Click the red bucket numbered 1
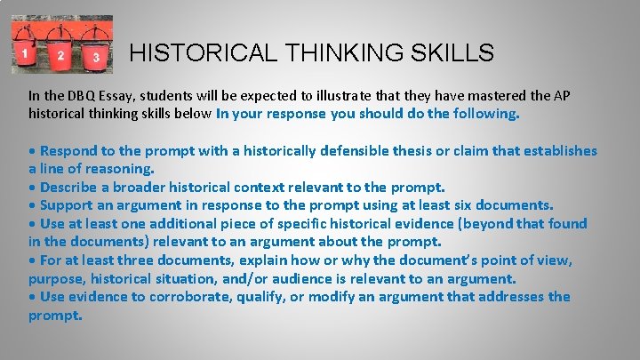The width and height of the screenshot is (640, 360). (x=27, y=52)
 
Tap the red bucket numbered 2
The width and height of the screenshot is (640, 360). (x=60, y=54)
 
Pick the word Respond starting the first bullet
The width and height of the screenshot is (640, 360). (x=70, y=150)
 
